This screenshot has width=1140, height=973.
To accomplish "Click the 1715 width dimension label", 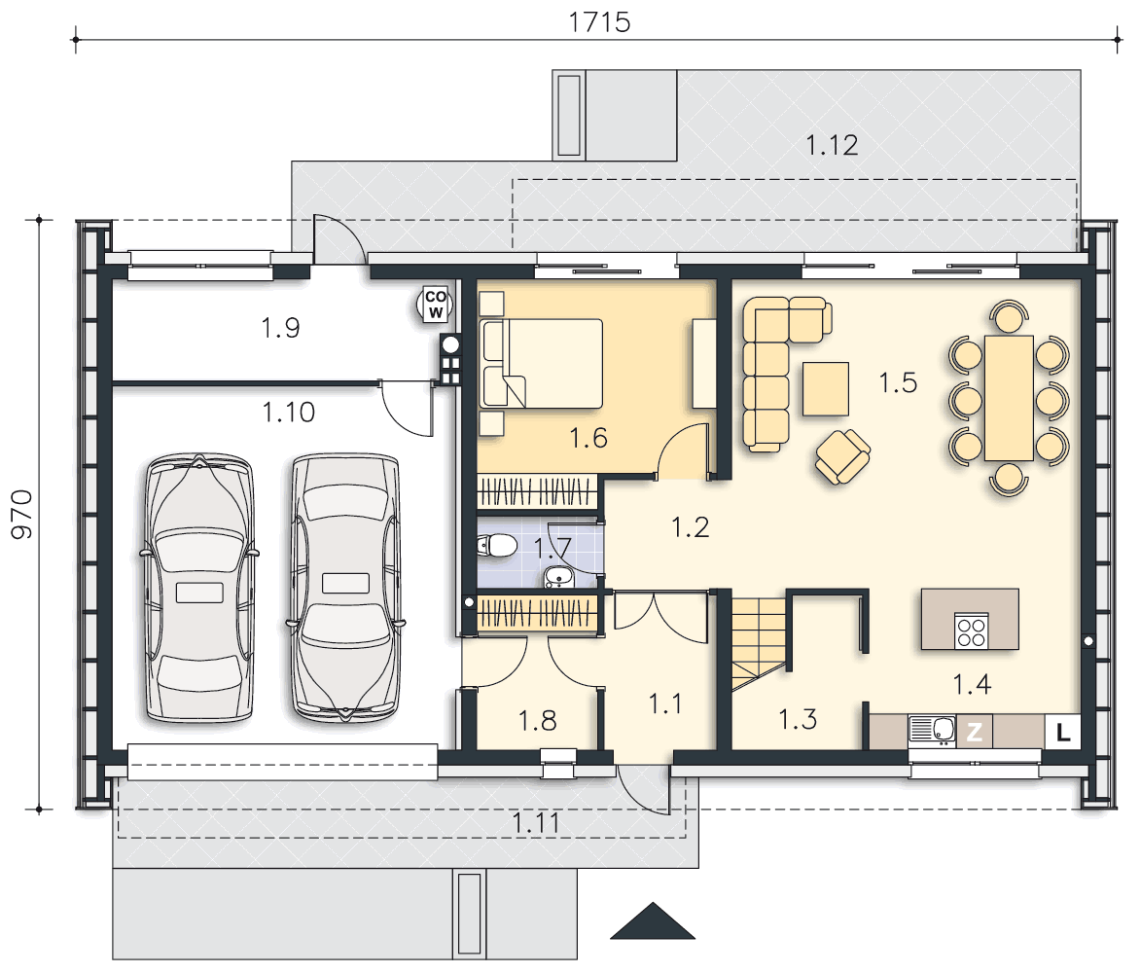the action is pos(599,22).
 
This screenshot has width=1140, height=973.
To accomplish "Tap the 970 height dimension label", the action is pos(22,514).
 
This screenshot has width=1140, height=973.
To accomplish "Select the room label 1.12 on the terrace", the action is pos(832,145).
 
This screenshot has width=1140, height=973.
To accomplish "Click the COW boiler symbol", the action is pos(436,305).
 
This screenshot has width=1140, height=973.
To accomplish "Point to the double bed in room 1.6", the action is pos(543,363).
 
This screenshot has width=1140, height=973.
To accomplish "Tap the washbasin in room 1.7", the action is pos(559,577).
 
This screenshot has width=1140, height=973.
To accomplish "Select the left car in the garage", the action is pos(200,588).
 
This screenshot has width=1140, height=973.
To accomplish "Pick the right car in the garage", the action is pos(345,588).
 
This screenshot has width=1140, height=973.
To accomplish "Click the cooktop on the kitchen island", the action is pos(972,631).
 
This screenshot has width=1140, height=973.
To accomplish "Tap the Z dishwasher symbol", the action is pos(975,732).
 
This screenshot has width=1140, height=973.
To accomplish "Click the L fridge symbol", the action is pos(1063,733).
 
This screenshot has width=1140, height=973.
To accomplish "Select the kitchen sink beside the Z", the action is pos(932,732).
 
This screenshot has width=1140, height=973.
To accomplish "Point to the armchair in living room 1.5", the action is pos(842,456).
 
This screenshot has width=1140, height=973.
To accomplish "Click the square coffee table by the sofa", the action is pos(825,389).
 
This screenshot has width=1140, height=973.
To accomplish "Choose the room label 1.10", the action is pos(289,413).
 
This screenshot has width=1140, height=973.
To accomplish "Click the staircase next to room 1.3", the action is pos(759,643).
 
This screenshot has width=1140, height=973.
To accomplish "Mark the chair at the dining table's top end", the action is pos(1009,316).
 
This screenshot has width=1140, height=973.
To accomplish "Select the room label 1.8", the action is pos(537,721).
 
